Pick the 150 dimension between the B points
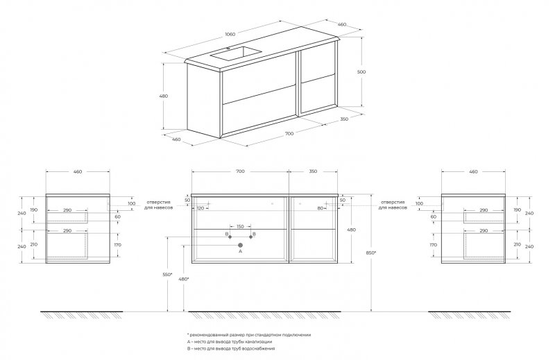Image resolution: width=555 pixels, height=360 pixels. pyautogui.click(x=241, y=227)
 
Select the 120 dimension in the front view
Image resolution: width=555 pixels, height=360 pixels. pyautogui.click(x=201, y=207)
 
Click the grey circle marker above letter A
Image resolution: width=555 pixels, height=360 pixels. pyautogui.click(x=241, y=245)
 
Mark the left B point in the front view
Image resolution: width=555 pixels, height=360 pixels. pyautogui.click(x=230, y=237)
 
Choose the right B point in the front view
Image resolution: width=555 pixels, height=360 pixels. pyautogui.click(x=251, y=237)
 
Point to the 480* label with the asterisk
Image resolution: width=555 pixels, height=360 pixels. pyautogui.click(x=184, y=280)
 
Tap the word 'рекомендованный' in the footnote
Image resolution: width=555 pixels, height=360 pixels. pyautogui.click(x=213, y=334)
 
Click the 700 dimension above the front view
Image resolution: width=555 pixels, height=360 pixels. pyautogui.click(x=241, y=171)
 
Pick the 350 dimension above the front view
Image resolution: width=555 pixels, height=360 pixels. pyautogui.click(x=313, y=171)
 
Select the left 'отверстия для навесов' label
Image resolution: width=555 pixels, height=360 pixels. pyautogui.click(x=160, y=205)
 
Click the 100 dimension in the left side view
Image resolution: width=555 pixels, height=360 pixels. pyautogui.click(x=130, y=204)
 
